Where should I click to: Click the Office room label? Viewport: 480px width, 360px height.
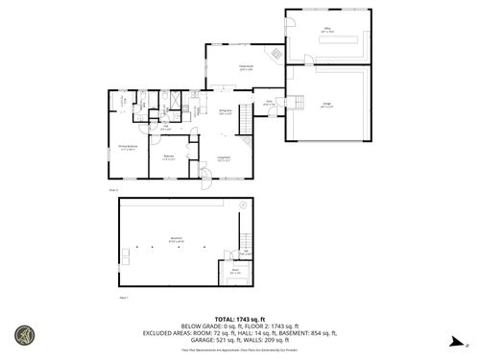326,32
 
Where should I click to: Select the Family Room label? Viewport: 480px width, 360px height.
246,67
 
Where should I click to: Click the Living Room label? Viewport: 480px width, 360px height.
224,159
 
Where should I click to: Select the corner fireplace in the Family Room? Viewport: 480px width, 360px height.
275,55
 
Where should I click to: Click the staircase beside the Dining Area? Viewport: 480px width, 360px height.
245,120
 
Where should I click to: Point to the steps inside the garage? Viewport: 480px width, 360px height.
299,104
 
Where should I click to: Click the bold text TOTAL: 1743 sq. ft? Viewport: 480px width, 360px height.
239,317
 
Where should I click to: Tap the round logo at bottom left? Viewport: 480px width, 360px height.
22,336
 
